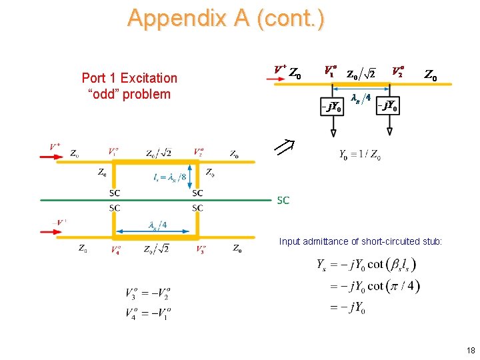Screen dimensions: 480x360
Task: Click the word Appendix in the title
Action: [172, 18]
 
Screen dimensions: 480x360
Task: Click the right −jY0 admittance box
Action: [389, 106]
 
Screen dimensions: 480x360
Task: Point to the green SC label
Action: [283, 200]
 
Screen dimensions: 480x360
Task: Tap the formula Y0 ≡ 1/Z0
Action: [361, 155]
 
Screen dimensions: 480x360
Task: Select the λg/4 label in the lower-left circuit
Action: [157, 225]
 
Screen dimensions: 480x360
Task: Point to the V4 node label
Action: [116, 250]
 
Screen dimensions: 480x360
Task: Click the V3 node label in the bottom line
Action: [200, 250]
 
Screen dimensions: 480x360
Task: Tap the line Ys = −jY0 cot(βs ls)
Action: [367, 265]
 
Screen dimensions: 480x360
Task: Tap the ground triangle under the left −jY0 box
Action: [333, 132]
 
